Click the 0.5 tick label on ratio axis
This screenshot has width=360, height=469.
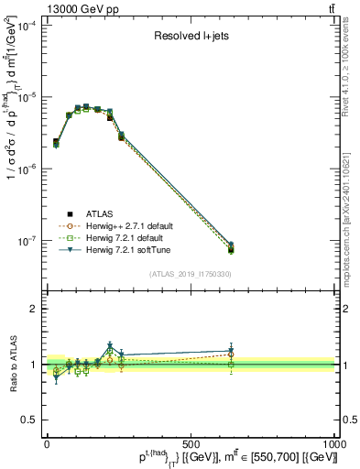[29, 420]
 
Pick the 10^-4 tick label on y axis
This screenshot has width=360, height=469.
[27, 27]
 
